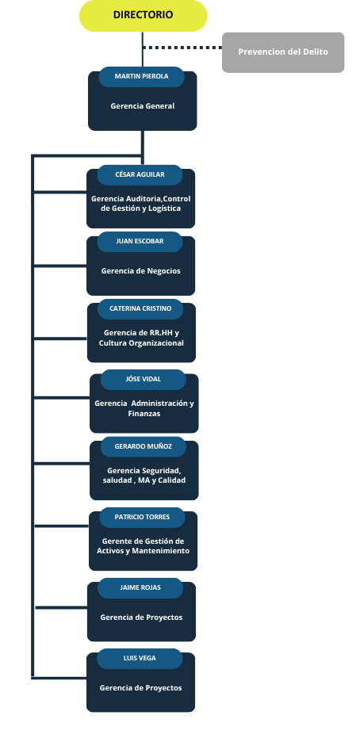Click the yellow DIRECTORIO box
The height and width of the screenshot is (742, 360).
(x=143, y=16)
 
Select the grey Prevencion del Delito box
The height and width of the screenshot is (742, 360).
(x=283, y=52)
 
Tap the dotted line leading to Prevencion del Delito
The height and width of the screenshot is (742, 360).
(x=182, y=48)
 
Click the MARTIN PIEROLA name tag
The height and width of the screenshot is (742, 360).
(x=141, y=77)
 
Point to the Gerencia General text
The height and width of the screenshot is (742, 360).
(x=143, y=106)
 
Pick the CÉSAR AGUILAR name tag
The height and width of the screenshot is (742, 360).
(x=140, y=174)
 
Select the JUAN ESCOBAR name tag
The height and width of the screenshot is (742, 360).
(x=140, y=241)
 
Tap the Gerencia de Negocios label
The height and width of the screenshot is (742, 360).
(x=141, y=271)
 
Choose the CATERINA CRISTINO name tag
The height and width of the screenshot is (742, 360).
(x=140, y=308)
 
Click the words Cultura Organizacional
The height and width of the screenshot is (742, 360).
(x=141, y=343)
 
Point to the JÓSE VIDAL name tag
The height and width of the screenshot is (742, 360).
(x=144, y=379)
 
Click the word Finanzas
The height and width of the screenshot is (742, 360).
(x=144, y=414)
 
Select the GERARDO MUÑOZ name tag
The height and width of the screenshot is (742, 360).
(x=144, y=446)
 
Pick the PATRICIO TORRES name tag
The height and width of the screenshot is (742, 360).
(x=142, y=517)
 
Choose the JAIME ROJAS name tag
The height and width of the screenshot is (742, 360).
(x=140, y=587)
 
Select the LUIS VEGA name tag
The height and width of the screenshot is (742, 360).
(x=140, y=658)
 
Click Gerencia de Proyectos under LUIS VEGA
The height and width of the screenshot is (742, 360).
(x=140, y=688)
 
